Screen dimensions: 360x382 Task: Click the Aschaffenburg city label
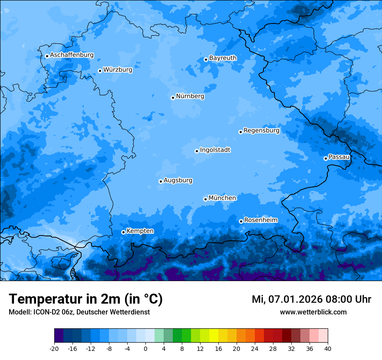point(72,55)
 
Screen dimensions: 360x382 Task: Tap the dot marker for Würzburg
point(100,71)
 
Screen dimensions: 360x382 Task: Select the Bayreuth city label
point(223,58)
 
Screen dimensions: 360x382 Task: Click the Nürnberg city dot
point(173,98)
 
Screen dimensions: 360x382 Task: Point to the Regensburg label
point(261,130)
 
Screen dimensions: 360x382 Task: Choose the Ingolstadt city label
point(215,150)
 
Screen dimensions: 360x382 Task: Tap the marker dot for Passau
point(326,158)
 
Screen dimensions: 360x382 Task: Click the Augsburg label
point(178,180)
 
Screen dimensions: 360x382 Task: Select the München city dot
point(205,199)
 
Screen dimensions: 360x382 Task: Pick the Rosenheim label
point(260,220)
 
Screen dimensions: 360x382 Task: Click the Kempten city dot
point(123,232)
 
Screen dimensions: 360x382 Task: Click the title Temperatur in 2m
point(86,299)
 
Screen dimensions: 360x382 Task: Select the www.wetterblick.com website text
point(313,312)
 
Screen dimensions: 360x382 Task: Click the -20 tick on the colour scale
point(54,348)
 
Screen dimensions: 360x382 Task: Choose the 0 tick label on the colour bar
point(145,348)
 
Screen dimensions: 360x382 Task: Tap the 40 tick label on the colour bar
point(328,348)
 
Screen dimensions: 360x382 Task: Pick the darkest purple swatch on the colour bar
point(59,336)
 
